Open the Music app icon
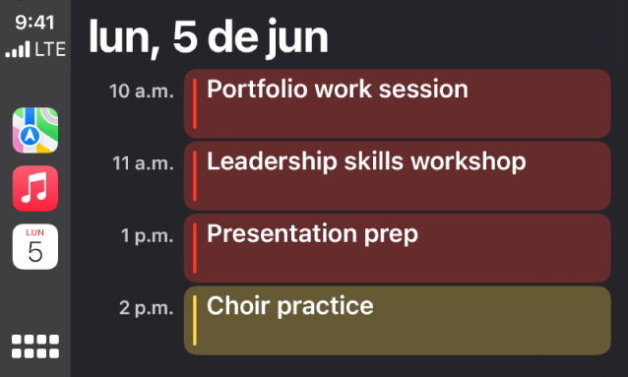pos(35,189)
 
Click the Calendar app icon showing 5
pos(35,246)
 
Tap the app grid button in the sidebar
pos(35,346)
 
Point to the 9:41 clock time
pos(34,22)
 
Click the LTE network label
pos(49,48)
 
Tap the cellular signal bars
pos(18,49)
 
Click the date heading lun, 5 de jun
pos(208,37)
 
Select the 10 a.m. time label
pos(141,92)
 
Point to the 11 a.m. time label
pos(142,163)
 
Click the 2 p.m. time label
pos(146,308)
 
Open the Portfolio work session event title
pos(338,90)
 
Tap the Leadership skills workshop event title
pos(366,161)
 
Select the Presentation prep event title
pos(312,234)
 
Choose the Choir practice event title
pos(290,306)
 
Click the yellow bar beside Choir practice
pos(195,320)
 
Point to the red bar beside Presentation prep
pos(195,248)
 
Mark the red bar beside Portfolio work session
pos(195,102)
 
